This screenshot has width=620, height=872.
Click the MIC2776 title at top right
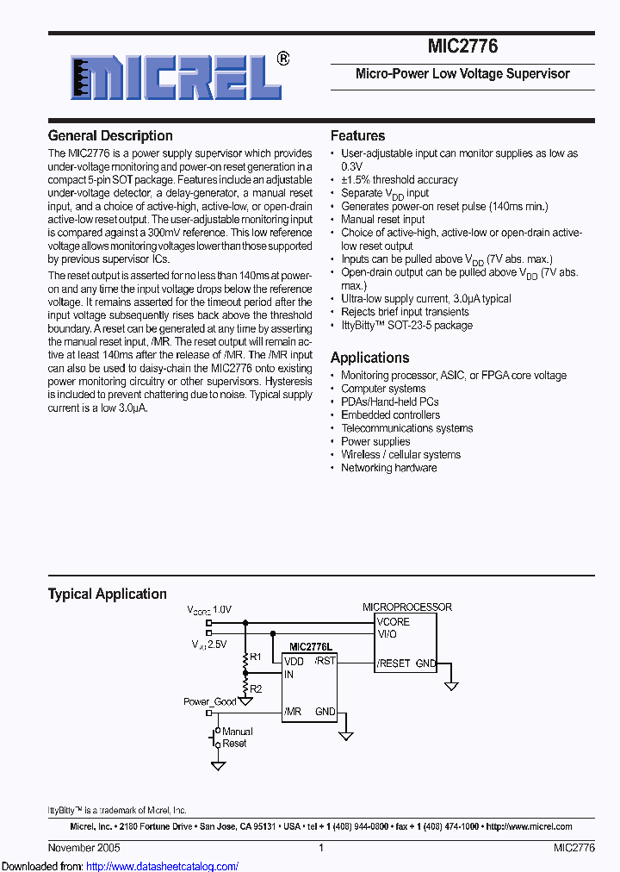tap(462, 47)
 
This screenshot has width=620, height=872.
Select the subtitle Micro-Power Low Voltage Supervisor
tap(462, 74)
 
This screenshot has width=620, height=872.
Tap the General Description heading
tap(110, 136)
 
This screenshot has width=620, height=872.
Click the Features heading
tap(357, 136)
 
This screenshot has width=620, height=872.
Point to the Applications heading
tap(370, 358)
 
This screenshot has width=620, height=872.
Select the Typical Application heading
tap(108, 594)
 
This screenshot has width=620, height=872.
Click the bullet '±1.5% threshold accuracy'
tap(400, 180)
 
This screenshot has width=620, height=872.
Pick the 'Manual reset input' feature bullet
tap(383, 220)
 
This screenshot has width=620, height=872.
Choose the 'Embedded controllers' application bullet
tap(390, 415)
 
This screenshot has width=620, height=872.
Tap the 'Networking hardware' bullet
tap(388, 468)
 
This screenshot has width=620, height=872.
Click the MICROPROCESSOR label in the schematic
tap(406, 607)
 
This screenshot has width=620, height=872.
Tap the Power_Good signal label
tap(210, 702)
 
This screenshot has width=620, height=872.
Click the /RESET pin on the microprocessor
tap(394, 663)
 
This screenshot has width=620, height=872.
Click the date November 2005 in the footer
tap(84, 848)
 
